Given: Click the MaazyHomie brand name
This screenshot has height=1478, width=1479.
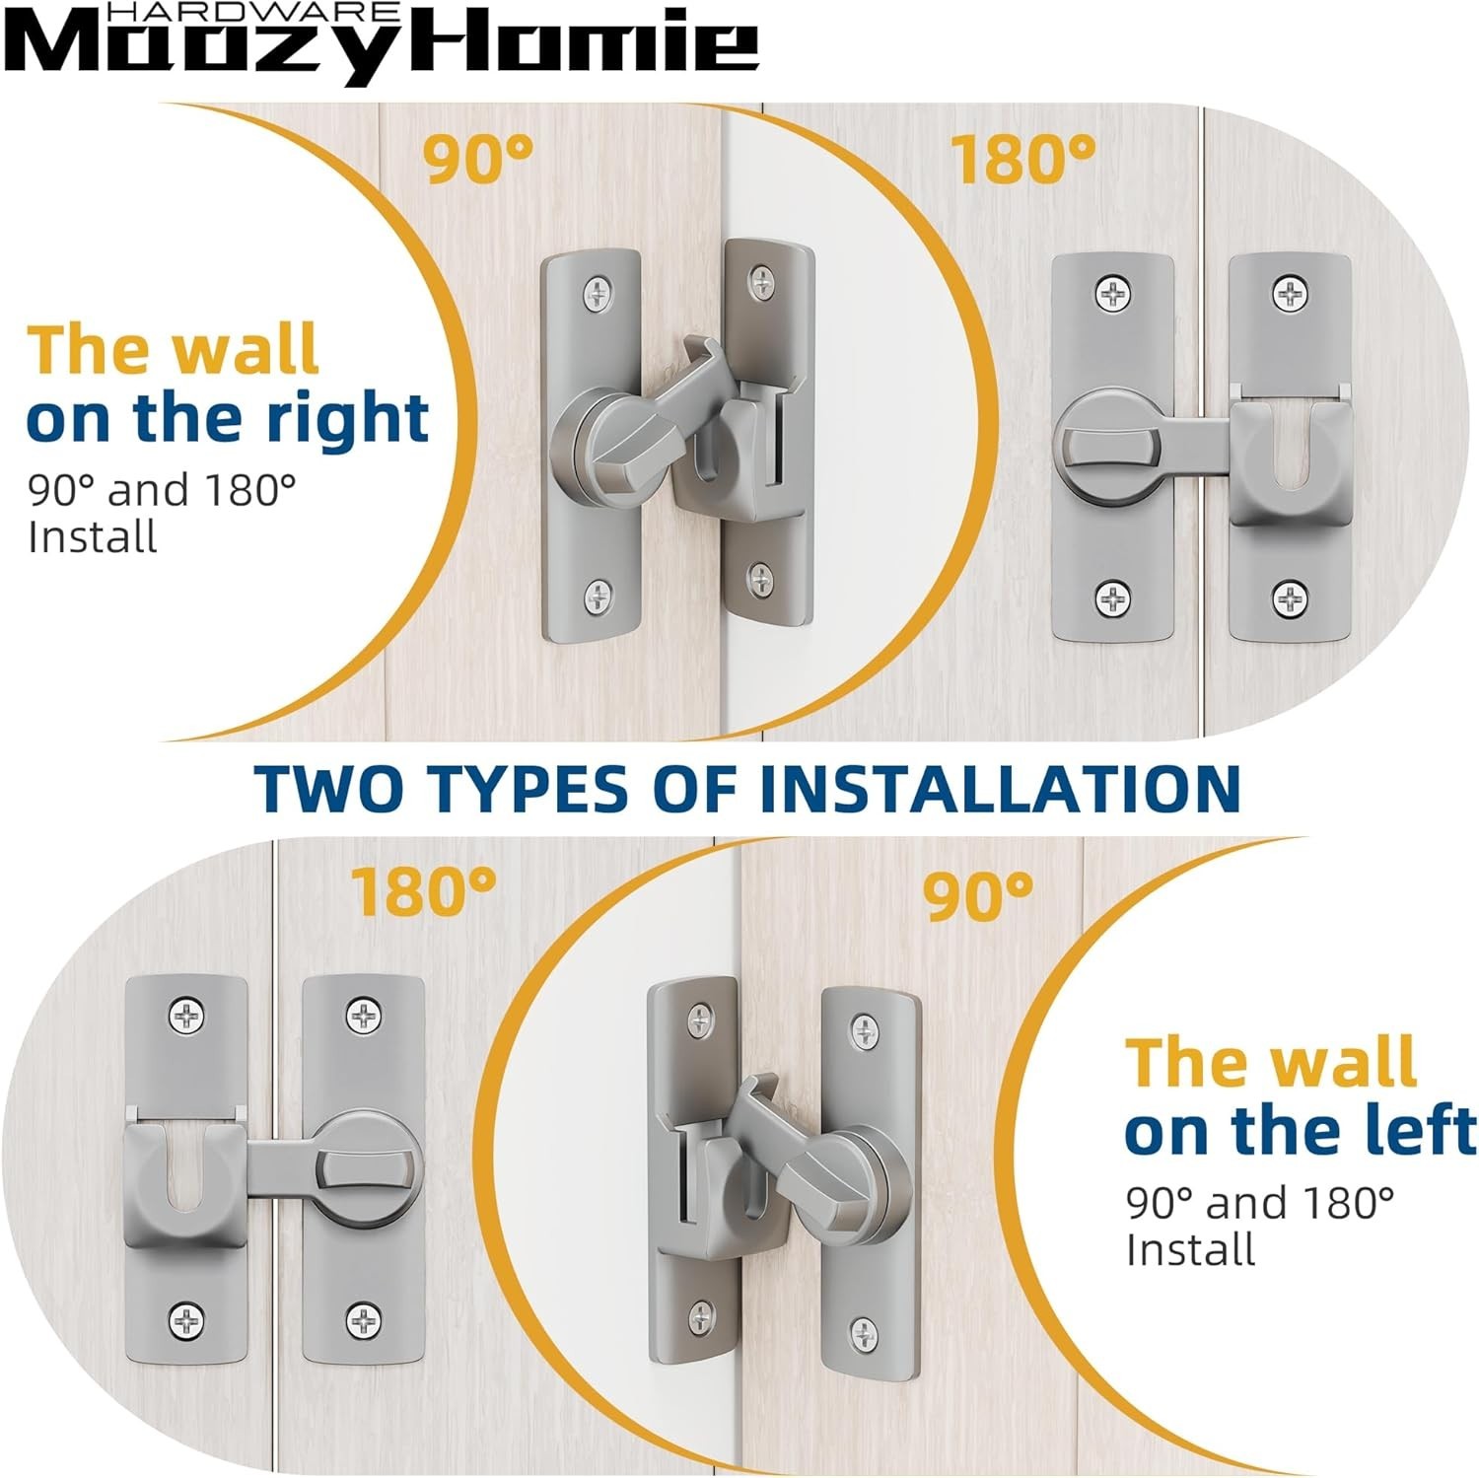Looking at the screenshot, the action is [380, 45].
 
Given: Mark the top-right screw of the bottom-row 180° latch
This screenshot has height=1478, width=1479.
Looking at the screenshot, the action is [363, 1014].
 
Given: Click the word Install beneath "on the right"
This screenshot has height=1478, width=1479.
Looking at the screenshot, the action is [93, 537].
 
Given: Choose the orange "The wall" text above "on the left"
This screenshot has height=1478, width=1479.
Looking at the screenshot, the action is [1272, 1062].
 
